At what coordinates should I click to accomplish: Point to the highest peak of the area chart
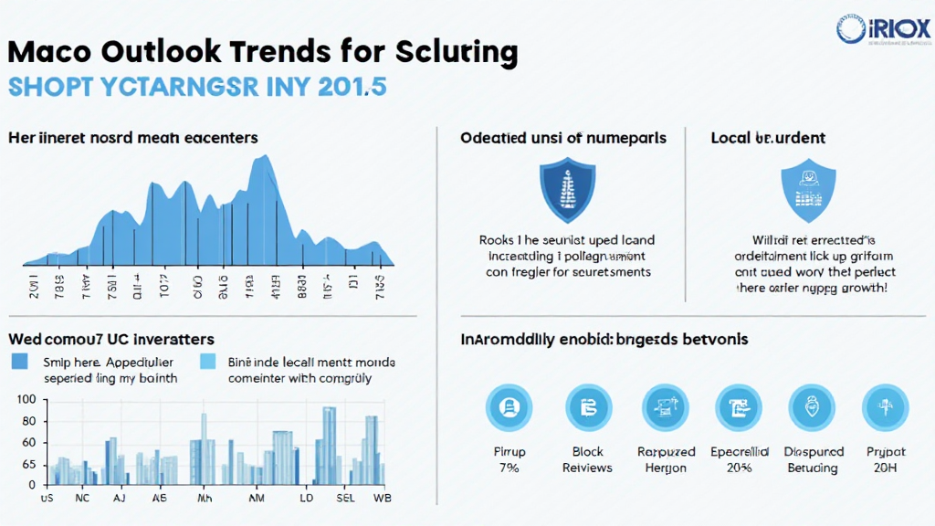(x=265, y=157)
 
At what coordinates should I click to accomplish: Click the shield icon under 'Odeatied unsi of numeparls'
(x=563, y=190)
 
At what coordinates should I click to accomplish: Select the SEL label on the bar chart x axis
(x=346, y=499)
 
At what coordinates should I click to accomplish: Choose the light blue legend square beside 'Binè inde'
(x=208, y=362)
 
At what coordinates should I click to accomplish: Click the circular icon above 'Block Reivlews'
(x=587, y=406)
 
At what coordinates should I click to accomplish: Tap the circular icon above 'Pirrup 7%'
(x=509, y=406)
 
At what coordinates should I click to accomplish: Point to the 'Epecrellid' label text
(x=739, y=452)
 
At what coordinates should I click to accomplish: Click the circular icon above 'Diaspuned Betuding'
(x=813, y=406)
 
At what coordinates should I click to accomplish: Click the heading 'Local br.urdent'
(x=768, y=138)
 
